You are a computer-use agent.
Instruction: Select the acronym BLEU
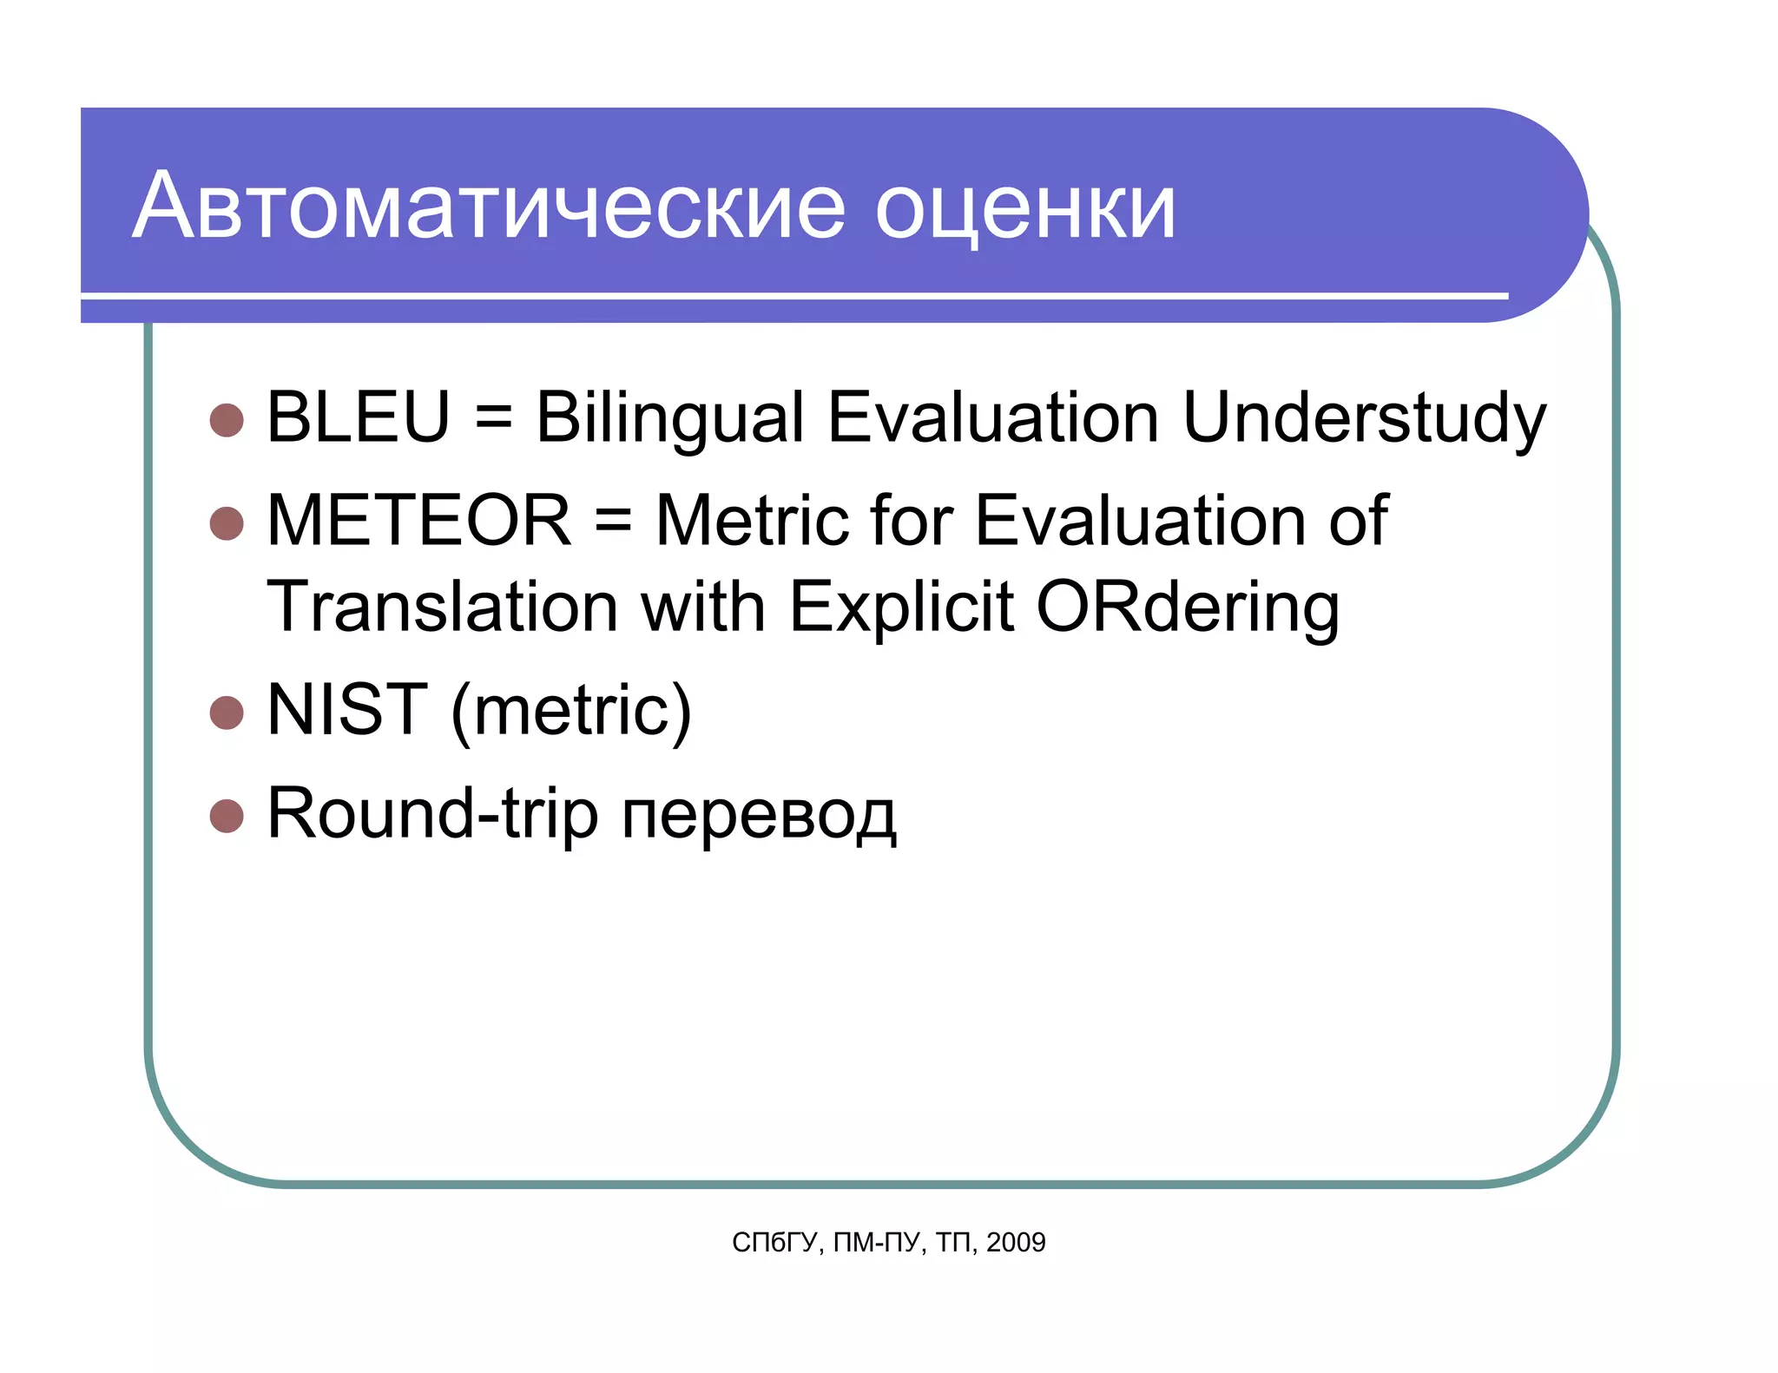click(358, 417)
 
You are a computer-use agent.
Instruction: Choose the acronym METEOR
click(419, 521)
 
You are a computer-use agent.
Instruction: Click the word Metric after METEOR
click(751, 521)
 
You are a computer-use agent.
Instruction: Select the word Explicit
click(900, 607)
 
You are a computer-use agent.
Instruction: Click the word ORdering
click(1188, 608)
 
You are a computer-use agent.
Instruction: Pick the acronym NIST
click(347, 710)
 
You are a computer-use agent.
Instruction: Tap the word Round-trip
click(432, 815)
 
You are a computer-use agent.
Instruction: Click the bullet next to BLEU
click(227, 420)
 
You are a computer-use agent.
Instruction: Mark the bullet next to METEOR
click(227, 523)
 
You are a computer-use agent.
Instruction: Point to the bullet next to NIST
click(227, 713)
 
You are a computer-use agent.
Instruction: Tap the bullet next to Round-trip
click(227, 816)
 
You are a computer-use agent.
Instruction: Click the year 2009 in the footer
click(1016, 1243)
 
